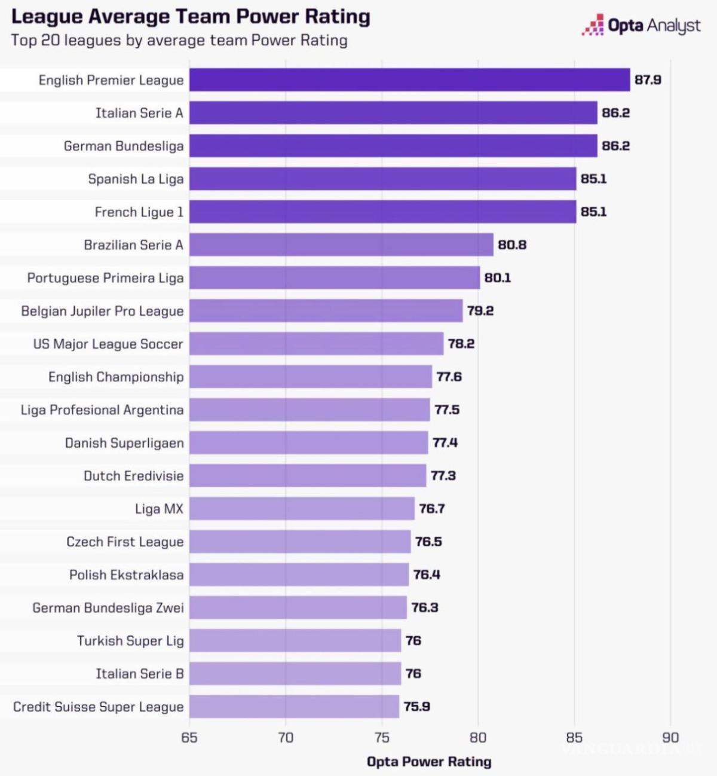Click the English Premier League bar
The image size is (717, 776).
[x=409, y=80]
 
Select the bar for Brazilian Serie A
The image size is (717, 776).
[x=341, y=245]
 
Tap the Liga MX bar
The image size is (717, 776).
[x=302, y=509]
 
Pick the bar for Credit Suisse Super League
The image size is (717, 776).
[x=294, y=707]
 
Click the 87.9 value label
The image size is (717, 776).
[x=648, y=80]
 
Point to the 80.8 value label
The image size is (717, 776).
[x=512, y=245]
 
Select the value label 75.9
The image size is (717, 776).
[x=416, y=707]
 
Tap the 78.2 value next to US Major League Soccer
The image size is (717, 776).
[x=461, y=344]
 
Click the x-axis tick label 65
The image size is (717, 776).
[x=189, y=737]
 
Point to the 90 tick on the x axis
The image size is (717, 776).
[x=670, y=737]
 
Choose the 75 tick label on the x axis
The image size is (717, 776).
[x=382, y=737]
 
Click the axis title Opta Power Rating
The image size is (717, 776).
[x=429, y=762]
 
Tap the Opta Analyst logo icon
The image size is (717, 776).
[x=593, y=25]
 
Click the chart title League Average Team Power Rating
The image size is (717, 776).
[x=191, y=17]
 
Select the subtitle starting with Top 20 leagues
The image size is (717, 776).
[x=179, y=41]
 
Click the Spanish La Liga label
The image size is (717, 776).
[x=136, y=179]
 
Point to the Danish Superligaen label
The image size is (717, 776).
[x=124, y=443]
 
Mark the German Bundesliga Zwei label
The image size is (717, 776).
[x=108, y=608]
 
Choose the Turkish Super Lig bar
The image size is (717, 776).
[x=295, y=641]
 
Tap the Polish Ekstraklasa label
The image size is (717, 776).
[x=126, y=575]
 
